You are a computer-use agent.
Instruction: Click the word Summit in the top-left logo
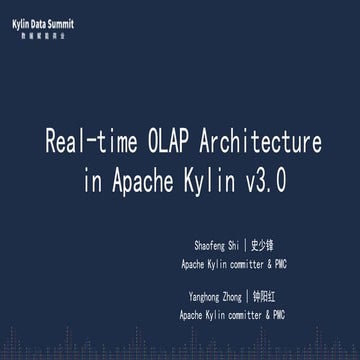pyautogui.click(x=58, y=22)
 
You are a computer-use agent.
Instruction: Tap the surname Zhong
pyautogui.click(x=236, y=297)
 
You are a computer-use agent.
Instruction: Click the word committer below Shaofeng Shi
pyautogui.click(x=240, y=265)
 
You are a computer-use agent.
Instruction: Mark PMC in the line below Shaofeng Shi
pyautogui.click(x=278, y=265)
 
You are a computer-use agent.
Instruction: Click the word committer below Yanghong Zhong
pyautogui.click(x=240, y=315)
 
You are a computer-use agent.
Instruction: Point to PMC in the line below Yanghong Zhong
pyautogui.click(x=278, y=315)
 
